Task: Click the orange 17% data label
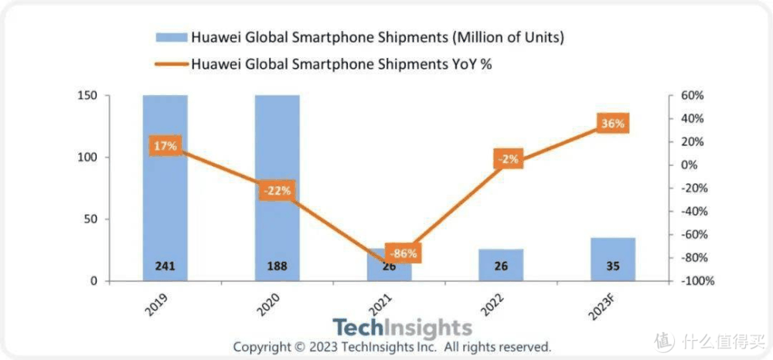165,146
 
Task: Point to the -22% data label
276,191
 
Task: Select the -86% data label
402,253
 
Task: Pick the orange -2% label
509,160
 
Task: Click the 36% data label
612,124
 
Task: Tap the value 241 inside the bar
165,267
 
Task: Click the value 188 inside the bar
277,267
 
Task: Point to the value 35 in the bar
612,267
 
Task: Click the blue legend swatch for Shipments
171,37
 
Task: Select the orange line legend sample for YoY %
171,64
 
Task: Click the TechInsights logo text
402,328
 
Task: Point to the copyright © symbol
300,347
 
